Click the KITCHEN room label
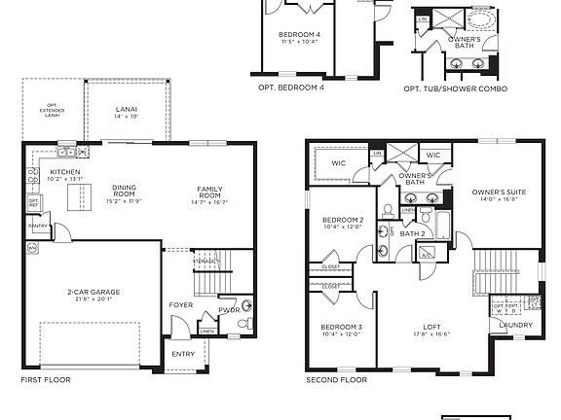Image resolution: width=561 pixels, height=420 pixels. [x=65, y=171]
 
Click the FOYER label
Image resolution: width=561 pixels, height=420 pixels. [x=181, y=305]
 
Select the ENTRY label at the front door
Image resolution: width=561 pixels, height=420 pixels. [x=183, y=354]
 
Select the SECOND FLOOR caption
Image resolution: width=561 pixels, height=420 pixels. [x=336, y=380]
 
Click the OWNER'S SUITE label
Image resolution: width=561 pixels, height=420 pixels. [x=499, y=192]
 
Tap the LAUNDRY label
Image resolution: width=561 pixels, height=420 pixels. [x=518, y=326]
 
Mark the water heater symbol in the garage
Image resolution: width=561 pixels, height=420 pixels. [x=32, y=249]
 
